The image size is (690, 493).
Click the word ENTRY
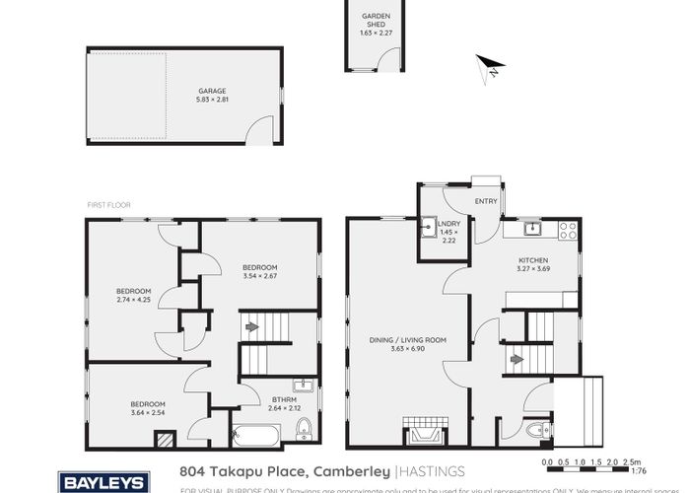[486, 201]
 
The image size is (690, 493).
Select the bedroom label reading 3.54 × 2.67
[260, 271]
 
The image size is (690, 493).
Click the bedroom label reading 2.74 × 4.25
[133, 294]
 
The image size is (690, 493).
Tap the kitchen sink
[531, 230]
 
